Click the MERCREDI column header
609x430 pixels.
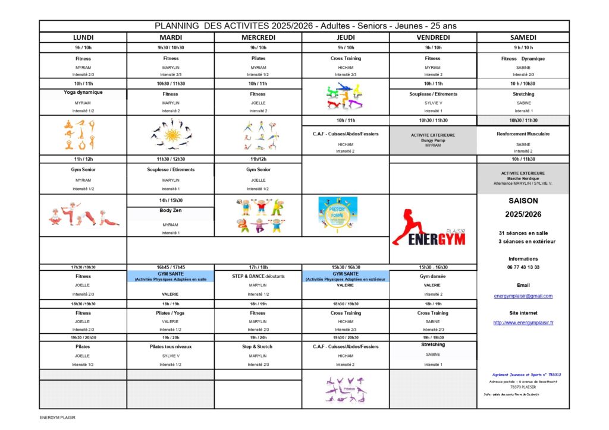pyautogui.click(x=258, y=37)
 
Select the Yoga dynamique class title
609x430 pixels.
pyautogui.click(x=83, y=93)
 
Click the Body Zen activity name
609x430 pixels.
pyautogui.click(x=170, y=210)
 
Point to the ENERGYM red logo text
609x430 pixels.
pyautogui.click(x=429, y=239)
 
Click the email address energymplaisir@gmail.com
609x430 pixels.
pyautogui.click(x=523, y=296)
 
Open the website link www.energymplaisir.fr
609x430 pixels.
pyautogui.click(x=523, y=322)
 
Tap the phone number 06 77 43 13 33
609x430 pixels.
pyautogui.click(x=523, y=267)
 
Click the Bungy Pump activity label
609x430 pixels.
pyautogui.click(x=432, y=140)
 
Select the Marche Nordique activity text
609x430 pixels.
pyautogui.click(x=523, y=178)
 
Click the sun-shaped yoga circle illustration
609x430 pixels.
pyautogui.click(x=171, y=135)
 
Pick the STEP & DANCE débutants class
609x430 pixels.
pyautogui.click(x=258, y=276)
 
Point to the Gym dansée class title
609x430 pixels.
pyautogui.click(x=432, y=276)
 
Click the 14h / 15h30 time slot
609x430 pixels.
pyautogui.click(x=170, y=200)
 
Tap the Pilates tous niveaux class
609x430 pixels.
pyautogui.click(x=170, y=346)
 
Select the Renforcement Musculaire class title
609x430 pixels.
pyautogui.click(x=523, y=134)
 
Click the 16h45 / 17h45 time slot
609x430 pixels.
pyautogui.click(x=170, y=267)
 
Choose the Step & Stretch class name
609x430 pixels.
pyautogui.click(x=258, y=346)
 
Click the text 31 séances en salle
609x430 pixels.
pyautogui.click(x=523, y=232)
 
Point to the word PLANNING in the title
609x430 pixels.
pyautogui.click(x=177, y=26)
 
